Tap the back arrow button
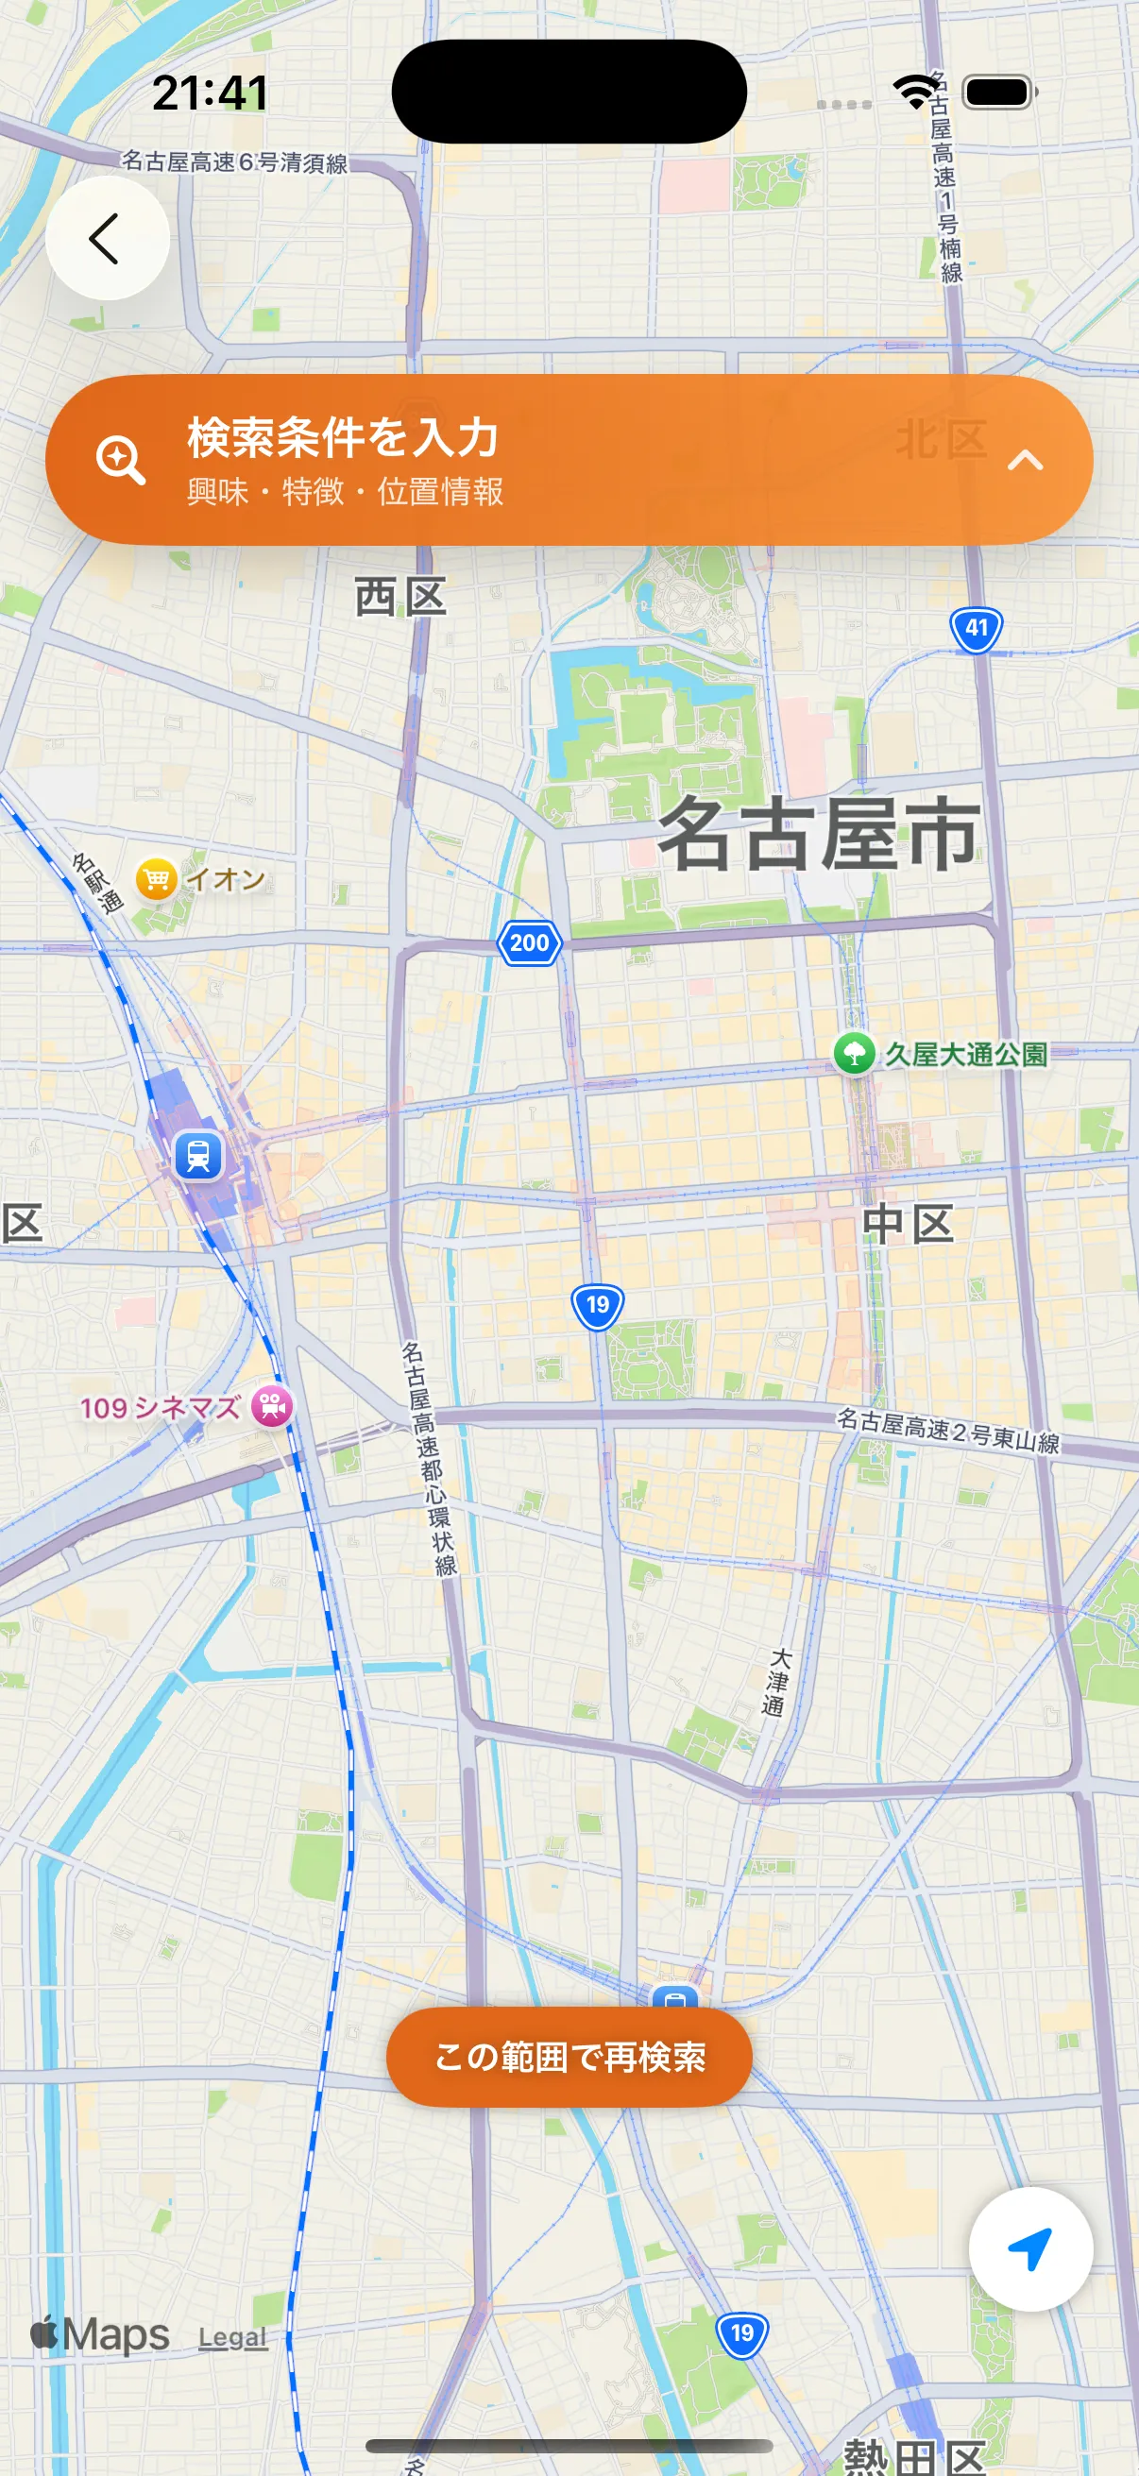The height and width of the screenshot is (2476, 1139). (x=107, y=238)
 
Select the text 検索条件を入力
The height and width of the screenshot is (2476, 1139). (x=342, y=437)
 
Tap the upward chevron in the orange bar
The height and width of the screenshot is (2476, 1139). (x=1025, y=462)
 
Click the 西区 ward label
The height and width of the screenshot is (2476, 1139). (x=399, y=598)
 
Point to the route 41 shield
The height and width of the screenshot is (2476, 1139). (x=976, y=630)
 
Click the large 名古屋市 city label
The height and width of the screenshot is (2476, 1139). (x=818, y=835)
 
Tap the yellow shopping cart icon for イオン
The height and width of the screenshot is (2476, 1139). (x=156, y=879)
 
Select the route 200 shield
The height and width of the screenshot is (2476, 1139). (x=530, y=943)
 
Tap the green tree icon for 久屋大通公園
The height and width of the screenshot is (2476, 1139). (x=854, y=1054)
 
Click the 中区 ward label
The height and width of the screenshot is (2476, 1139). (x=907, y=1225)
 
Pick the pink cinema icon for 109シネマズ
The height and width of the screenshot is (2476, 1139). (x=272, y=1406)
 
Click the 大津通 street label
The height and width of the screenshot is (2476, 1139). (x=775, y=1682)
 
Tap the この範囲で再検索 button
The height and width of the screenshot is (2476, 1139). (x=569, y=2056)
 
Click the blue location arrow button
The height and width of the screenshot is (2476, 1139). (x=1030, y=2249)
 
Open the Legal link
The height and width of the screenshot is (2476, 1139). (x=232, y=2336)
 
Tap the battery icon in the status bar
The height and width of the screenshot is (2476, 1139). (x=998, y=93)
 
